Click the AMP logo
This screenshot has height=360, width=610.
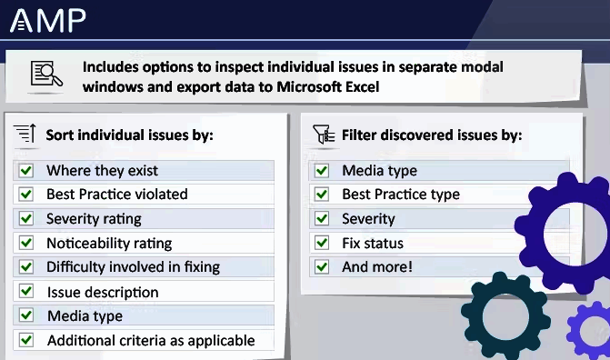47,20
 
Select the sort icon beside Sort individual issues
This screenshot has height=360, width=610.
25,135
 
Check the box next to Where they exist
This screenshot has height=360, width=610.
26,170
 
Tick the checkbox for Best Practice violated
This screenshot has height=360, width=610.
26,194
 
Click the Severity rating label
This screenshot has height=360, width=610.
94,218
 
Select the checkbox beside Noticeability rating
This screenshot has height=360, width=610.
26,243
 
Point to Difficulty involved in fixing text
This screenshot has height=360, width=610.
133,267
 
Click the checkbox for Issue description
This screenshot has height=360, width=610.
26,292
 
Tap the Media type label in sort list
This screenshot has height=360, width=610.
85,316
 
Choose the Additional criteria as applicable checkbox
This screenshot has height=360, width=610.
26,340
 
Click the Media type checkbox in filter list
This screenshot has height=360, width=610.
321,170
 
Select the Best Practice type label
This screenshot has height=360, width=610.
400,194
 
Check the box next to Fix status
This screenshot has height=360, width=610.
321,243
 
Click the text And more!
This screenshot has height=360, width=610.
376,267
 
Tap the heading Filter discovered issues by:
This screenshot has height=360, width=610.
432,135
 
